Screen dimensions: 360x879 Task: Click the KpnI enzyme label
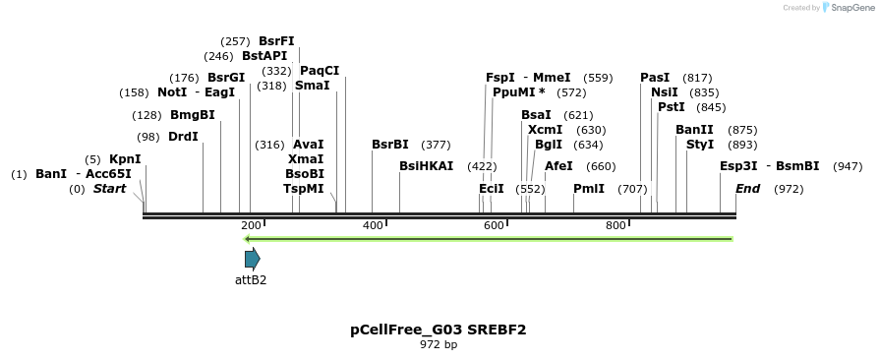coord(125,158)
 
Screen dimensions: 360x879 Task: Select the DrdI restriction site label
coord(183,137)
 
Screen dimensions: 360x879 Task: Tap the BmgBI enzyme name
coord(193,115)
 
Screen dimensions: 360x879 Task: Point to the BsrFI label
coord(276,41)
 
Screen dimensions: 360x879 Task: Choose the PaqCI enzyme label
coord(320,71)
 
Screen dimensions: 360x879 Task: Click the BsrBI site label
coord(390,145)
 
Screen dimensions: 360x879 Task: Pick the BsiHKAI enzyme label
coord(427,166)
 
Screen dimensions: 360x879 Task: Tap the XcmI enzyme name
coord(546,130)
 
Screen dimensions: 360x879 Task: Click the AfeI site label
coord(558,166)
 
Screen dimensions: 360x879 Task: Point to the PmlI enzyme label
coord(589,188)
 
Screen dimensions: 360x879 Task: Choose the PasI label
coord(655,78)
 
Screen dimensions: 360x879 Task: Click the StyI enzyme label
coord(700,145)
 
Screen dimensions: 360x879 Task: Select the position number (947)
coord(848,166)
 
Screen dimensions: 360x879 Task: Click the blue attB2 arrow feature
coord(253,259)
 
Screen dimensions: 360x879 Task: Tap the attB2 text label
coord(251,279)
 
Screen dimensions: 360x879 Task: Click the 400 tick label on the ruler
coord(373,226)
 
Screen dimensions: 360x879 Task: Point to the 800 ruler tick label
coord(615,226)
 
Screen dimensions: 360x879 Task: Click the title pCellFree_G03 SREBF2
coord(439,330)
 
